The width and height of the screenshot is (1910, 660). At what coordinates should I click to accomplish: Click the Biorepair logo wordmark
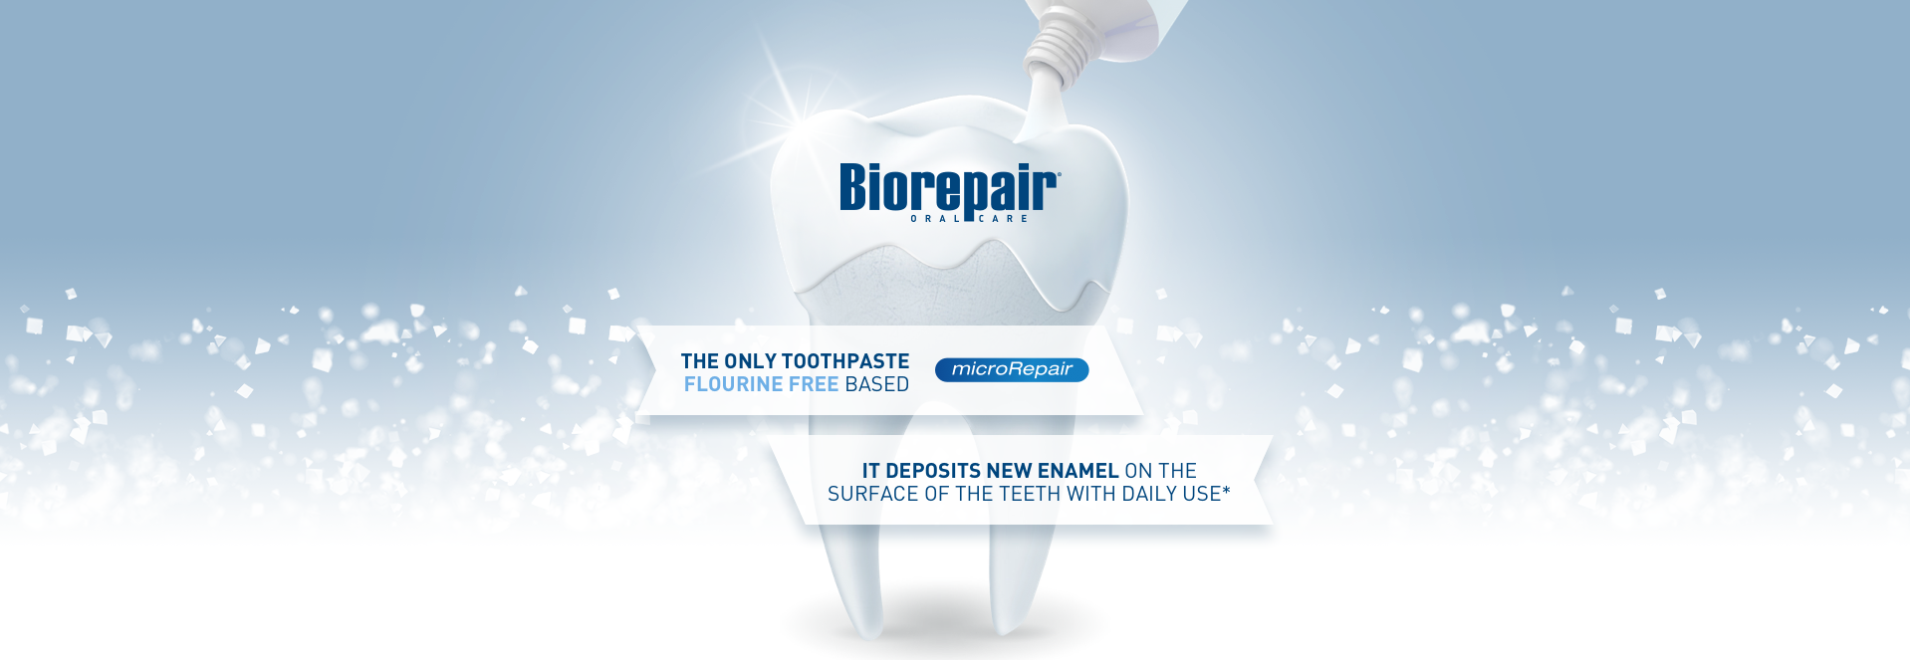click(x=949, y=189)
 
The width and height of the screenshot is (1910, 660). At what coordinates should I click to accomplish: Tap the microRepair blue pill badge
click(x=1012, y=369)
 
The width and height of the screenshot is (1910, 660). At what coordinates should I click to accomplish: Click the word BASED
click(x=877, y=384)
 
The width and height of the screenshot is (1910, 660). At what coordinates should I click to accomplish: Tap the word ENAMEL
click(x=1078, y=471)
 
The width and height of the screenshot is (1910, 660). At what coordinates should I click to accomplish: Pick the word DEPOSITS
click(x=933, y=471)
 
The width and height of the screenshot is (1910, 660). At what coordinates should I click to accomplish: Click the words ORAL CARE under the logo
click(x=969, y=219)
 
